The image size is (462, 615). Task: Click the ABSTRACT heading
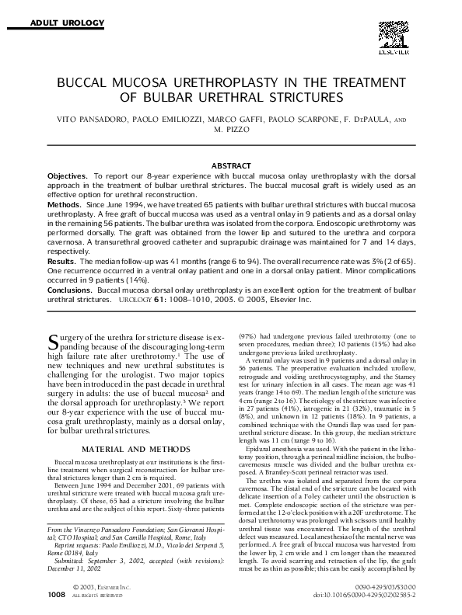click(231, 165)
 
